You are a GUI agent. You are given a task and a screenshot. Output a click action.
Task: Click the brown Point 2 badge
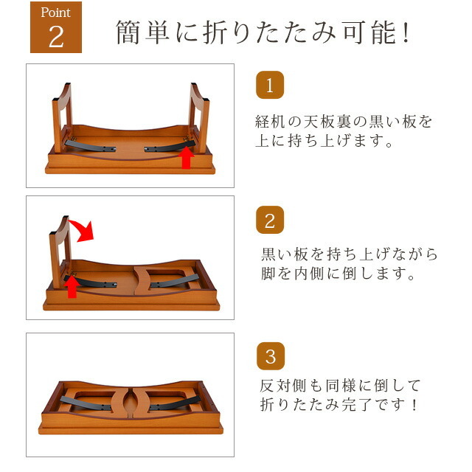[56, 27]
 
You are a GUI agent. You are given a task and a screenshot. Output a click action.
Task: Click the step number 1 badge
[270, 85]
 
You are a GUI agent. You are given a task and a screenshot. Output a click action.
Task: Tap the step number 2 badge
[270, 220]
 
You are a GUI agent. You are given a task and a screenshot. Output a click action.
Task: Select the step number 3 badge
[271, 356]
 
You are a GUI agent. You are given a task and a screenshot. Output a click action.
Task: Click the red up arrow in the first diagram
[187, 157]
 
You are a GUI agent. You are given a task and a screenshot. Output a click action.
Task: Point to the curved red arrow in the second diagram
[83, 230]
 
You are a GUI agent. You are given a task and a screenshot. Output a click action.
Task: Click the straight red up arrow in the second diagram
[72, 287]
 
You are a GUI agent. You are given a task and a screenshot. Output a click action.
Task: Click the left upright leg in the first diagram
[62, 118]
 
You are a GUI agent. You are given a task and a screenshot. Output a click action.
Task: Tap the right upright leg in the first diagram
[198, 118]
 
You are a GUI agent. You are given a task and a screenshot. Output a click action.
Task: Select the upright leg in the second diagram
[60, 252]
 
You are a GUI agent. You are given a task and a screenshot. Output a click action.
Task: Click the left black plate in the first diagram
[90, 146]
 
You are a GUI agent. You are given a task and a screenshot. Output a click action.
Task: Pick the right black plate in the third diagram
[175, 403]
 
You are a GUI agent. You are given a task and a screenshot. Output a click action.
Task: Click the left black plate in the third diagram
[86, 403]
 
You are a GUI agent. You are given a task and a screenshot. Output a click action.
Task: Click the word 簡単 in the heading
[142, 32]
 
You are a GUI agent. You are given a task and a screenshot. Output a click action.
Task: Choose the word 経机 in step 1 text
[270, 122]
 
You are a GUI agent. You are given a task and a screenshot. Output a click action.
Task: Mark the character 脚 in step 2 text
[268, 274]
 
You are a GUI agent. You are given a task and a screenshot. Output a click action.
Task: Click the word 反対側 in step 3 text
[283, 386]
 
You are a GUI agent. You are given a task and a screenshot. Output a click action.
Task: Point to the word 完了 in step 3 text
[357, 405]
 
